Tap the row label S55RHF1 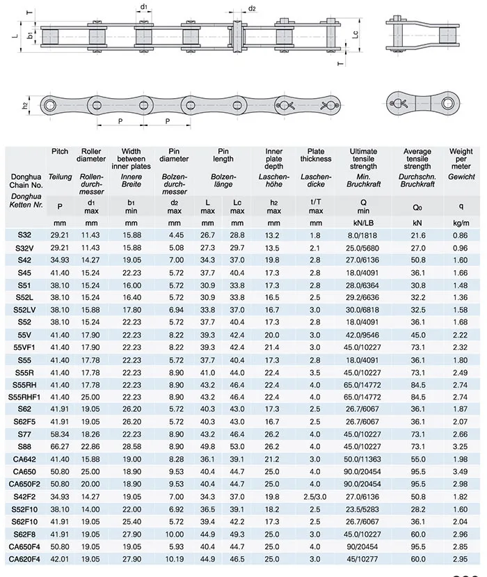25,396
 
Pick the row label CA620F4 24,558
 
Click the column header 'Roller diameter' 91,155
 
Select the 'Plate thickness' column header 315,155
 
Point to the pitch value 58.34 60,433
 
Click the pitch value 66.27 60,445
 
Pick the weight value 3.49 461,471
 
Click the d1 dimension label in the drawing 143,6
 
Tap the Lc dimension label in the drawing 356,34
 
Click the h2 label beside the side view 25,105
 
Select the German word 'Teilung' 60,177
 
